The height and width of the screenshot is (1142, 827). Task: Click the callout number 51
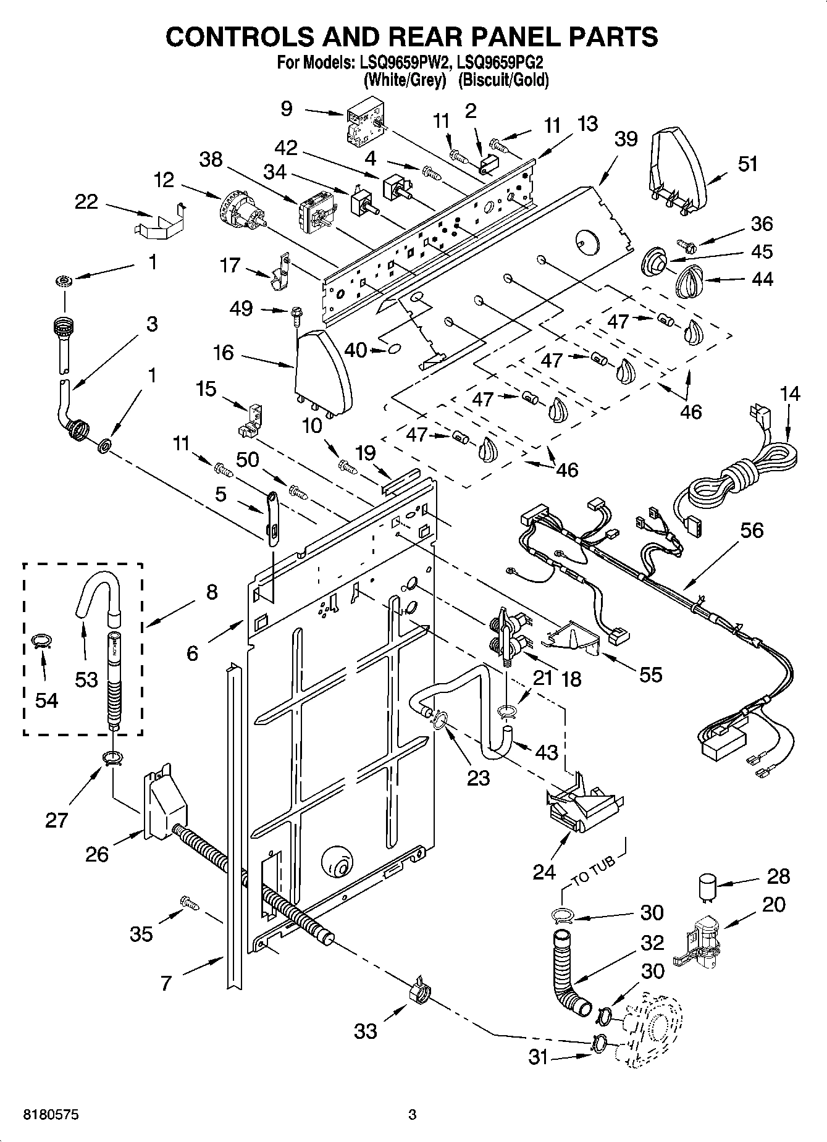747,164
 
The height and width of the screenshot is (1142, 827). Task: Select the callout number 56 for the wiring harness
751,531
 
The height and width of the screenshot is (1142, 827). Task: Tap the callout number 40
356,350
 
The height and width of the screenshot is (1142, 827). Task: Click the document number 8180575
51,1115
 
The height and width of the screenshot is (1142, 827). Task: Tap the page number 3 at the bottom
413,1115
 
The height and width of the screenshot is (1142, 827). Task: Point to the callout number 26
98,854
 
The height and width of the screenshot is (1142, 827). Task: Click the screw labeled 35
190,903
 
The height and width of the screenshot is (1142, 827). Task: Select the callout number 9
286,109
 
